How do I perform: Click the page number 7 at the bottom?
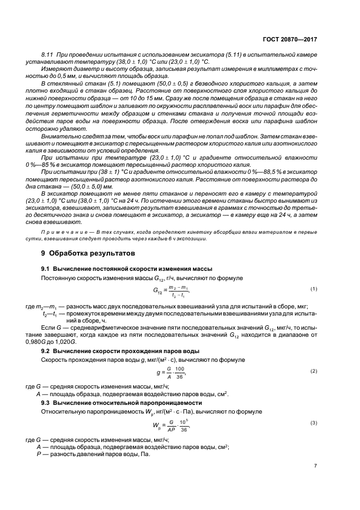point(315,466)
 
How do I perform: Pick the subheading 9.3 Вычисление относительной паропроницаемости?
point(120,402)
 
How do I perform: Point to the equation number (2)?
point(313,371)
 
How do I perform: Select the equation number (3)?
point(313,423)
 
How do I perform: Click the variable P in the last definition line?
point(38,454)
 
